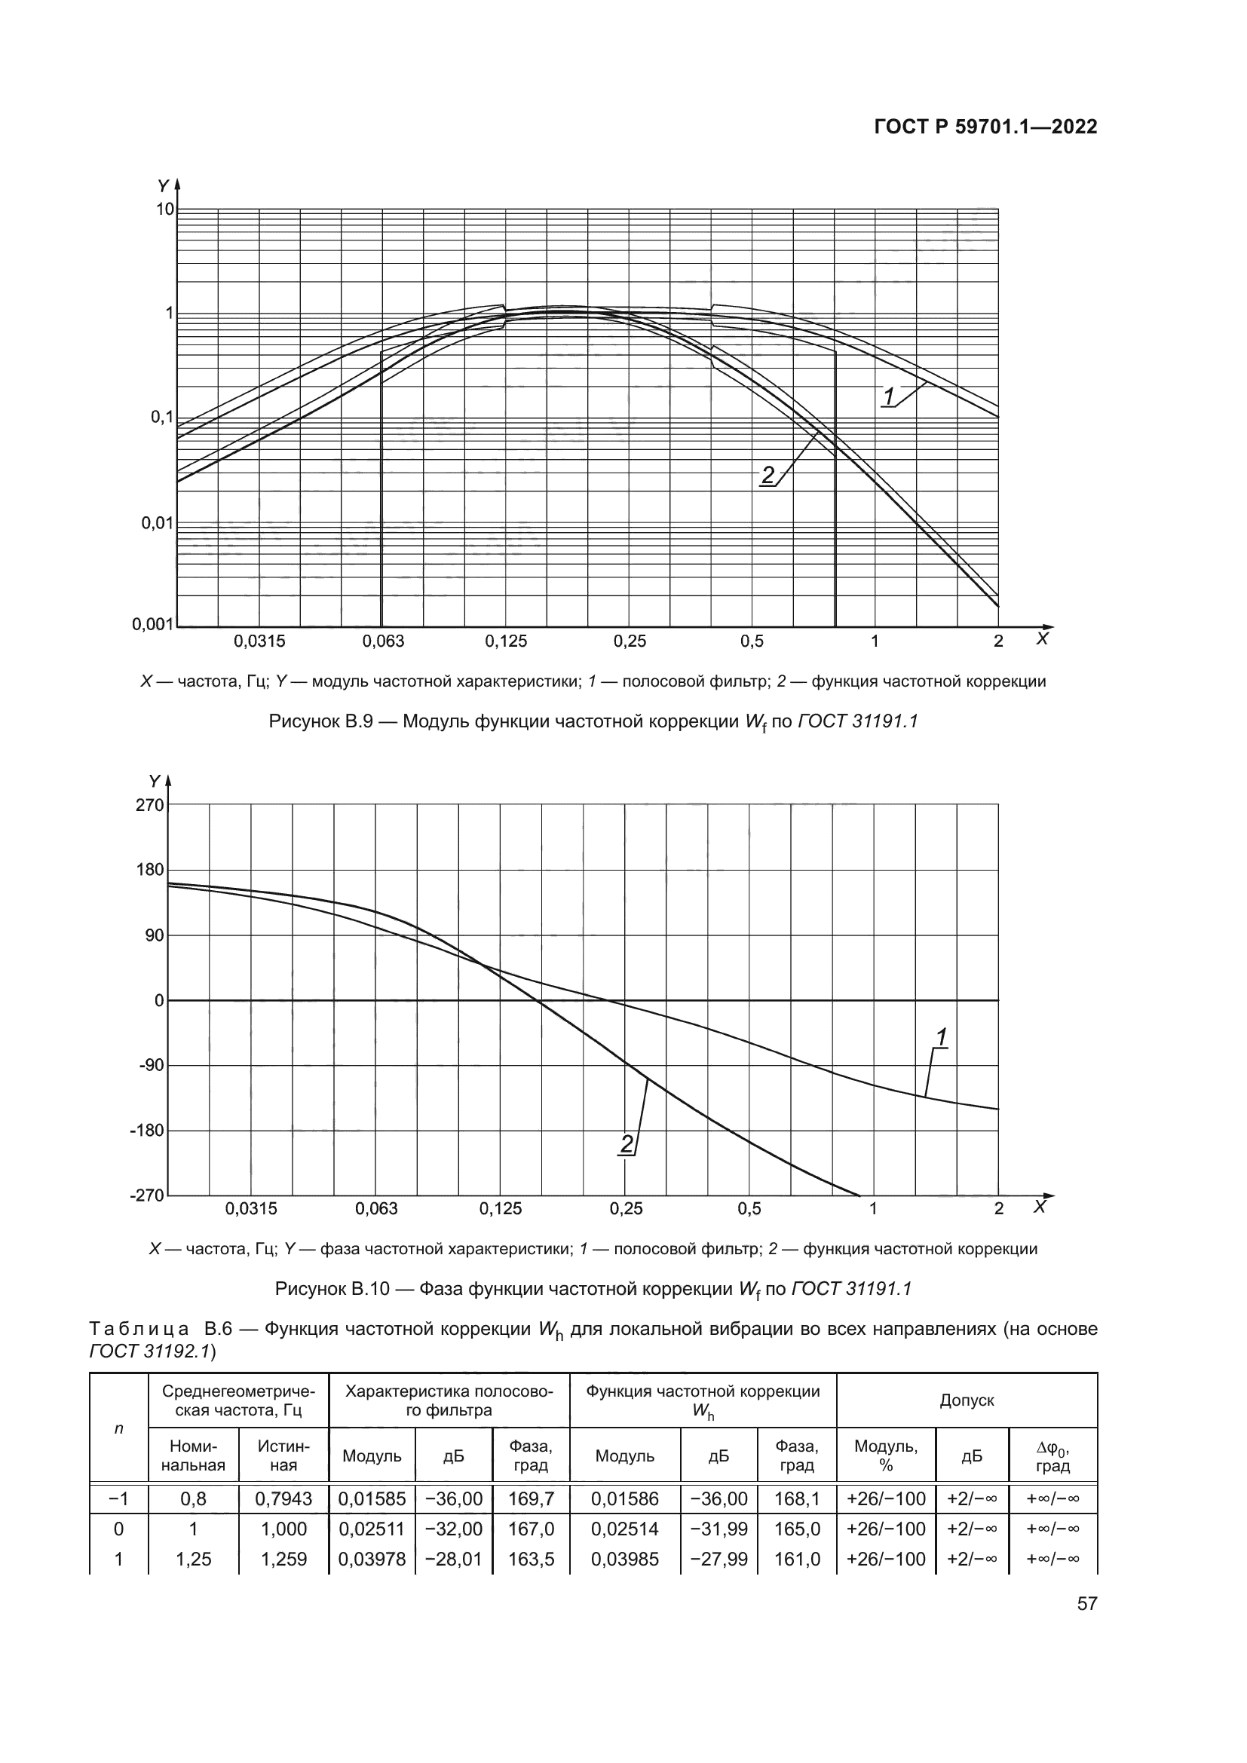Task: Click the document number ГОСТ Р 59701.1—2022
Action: (x=985, y=127)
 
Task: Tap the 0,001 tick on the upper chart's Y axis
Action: (x=153, y=624)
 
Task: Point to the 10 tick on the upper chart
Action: (x=165, y=209)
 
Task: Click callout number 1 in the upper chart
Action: (x=889, y=397)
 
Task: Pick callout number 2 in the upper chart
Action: (x=768, y=476)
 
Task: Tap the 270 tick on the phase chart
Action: (x=150, y=805)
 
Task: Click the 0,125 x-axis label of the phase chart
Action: (x=501, y=1208)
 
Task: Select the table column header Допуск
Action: (x=967, y=1400)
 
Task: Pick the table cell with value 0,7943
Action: (x=283, y=1498)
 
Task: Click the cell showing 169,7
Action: (x=531, y=1498)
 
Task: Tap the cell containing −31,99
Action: (x=718, y=1529)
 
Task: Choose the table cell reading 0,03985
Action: (x=624, y=1559)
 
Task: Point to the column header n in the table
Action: (x=118, y=1428)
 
